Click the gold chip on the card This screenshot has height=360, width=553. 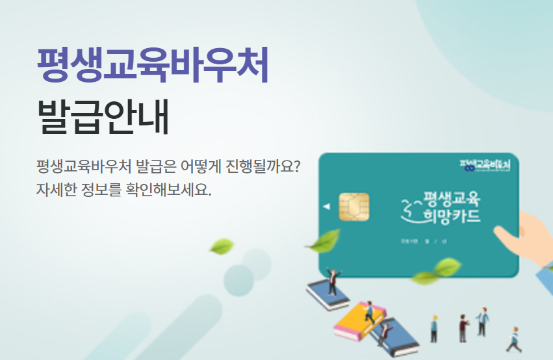pos(354,207)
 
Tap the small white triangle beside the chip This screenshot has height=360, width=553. pos(326,207)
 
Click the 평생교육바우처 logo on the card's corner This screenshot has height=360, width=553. pos(484,165)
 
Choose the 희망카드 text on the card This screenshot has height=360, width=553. pos(451,216)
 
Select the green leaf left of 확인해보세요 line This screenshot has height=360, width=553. pos(222,246)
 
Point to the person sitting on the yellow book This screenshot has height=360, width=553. pos(369,312)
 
